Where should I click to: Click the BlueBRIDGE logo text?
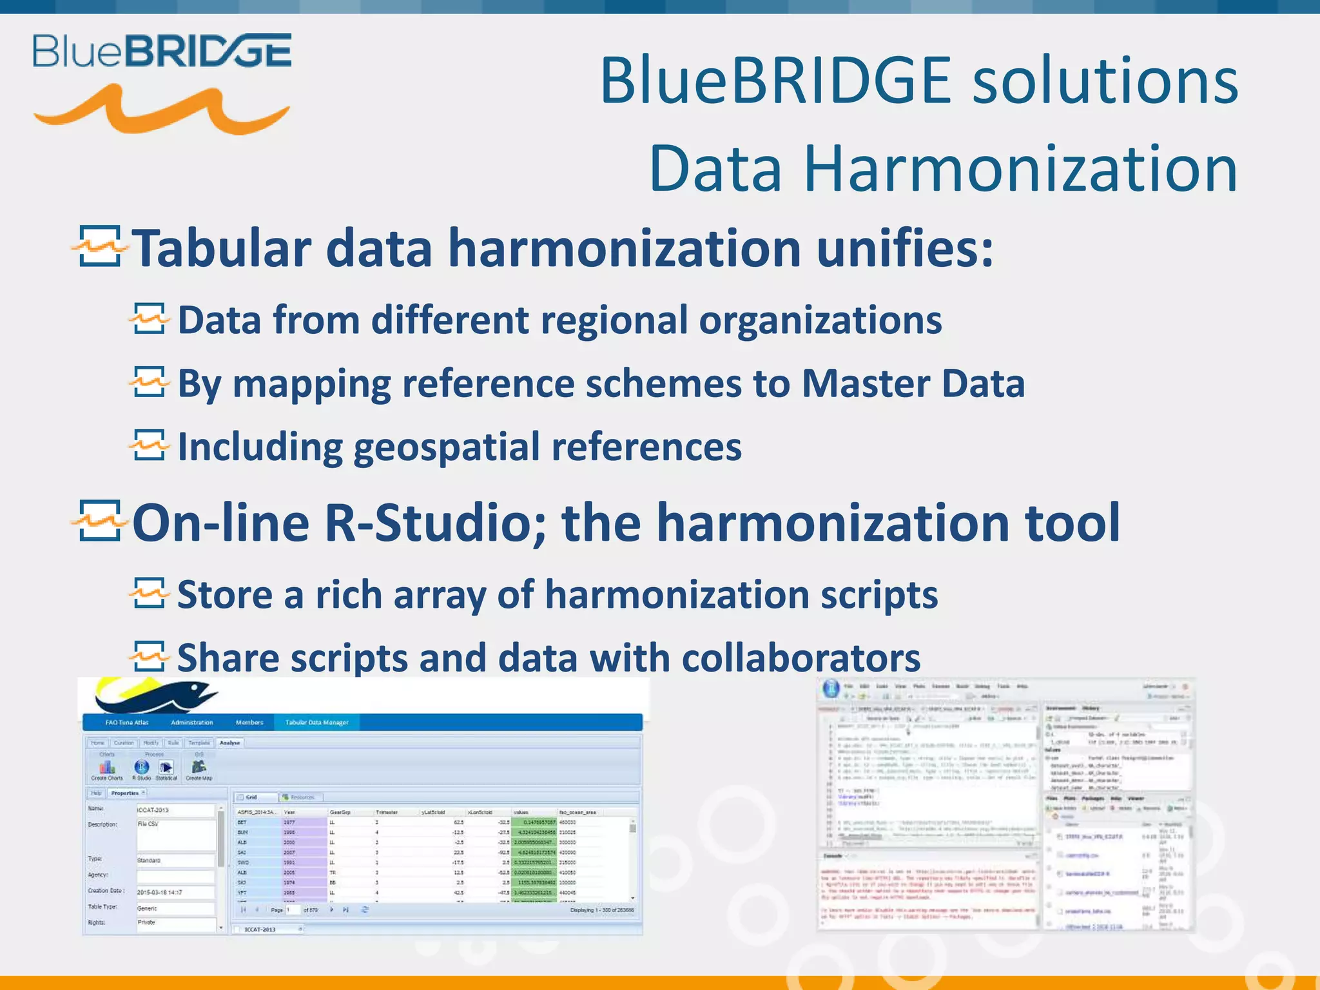click(x=162, y=51)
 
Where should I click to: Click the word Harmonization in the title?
click(x=1020, y=169)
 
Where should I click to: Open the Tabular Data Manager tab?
click(x=316, y=723)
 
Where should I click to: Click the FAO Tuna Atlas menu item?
click(x=127, y=723)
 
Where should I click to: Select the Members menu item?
click(x=249, y=723)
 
